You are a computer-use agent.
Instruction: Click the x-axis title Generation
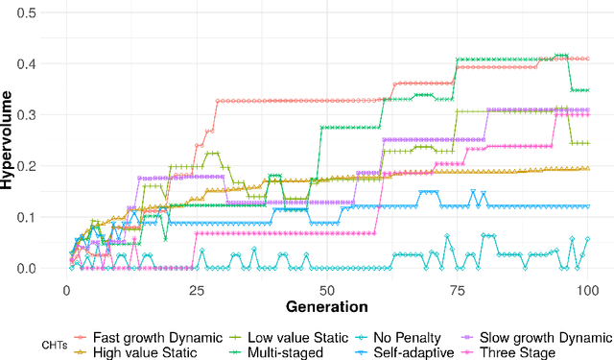point(327,307)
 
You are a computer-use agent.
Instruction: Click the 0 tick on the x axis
point(66,289)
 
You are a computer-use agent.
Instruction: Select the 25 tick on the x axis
point(196,289)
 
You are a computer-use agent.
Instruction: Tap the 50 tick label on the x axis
point(325,289)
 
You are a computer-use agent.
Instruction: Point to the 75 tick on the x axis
point(455,289)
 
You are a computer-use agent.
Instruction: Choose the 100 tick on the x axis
point(584,289)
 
